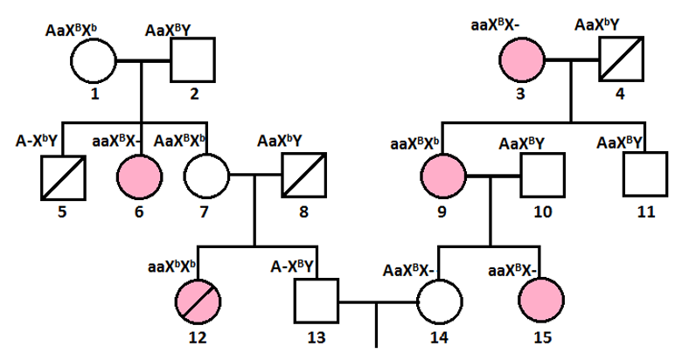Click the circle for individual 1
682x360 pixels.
94,61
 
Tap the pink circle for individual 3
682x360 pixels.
523,61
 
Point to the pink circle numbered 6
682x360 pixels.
140,177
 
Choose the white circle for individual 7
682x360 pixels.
205,177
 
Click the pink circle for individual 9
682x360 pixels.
442,177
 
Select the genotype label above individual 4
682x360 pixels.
604,25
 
